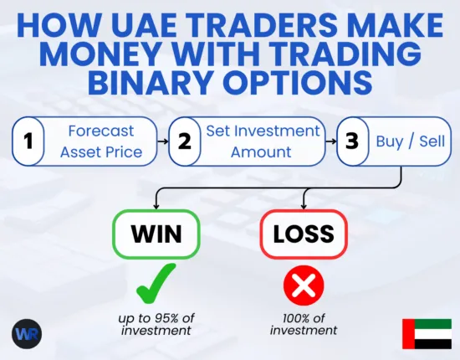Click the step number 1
click(28, 141)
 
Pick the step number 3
click(351, 141)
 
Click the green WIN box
click(156, 233)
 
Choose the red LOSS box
click(303, 233)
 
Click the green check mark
click(155, 283)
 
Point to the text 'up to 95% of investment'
click(156, 322)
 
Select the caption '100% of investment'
click(303, 322)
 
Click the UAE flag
click(426, 333)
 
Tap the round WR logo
click(27, 333)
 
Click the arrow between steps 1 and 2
click(162, 141)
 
